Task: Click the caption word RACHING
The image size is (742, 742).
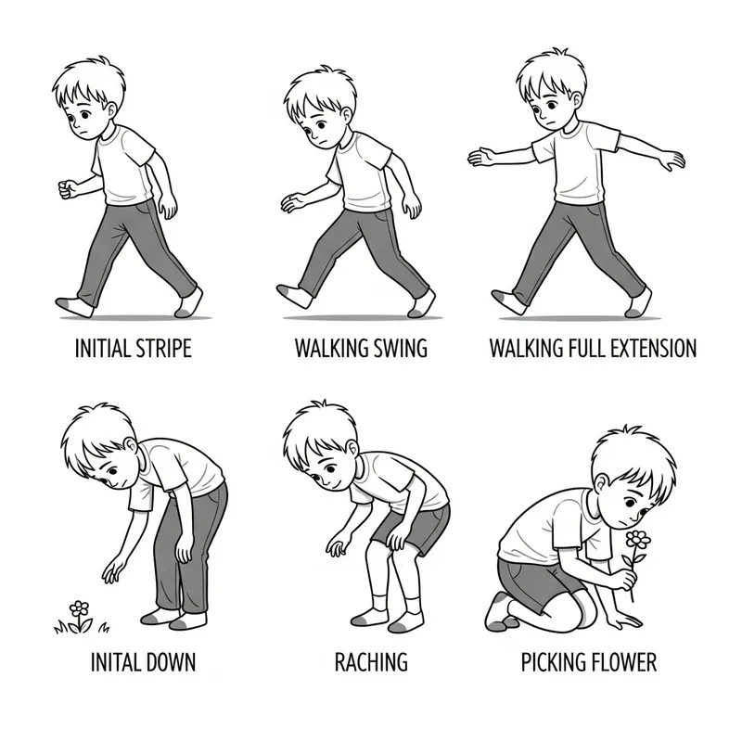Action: point(371,662)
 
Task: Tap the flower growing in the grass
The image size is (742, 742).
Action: point(81,608)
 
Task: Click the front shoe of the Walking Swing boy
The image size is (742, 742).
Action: point(296,295)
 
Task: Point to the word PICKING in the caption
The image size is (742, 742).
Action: point(554,662)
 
